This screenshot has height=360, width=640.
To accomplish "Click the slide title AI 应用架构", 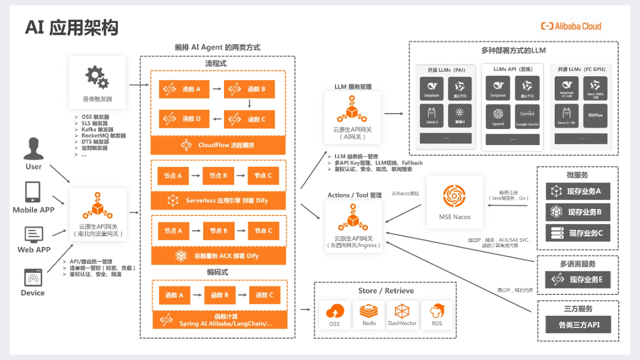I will pyautogui.click(x=71, y=27).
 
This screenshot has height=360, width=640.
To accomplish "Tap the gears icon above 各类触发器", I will pyautogui.click(x=97, y=77).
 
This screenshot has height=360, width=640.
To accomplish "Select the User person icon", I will pyautogui.click(x=34, y=149).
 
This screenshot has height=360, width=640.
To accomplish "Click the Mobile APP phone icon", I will pyautogui.click(x=33, y=192).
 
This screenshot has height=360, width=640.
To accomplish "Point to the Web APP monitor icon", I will pyautogui.click(x=34, y=234).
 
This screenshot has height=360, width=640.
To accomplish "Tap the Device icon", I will pyautogui.click(x=33, y=277).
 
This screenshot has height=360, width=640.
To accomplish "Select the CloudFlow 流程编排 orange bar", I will pyautogui.click(x=219, y=145).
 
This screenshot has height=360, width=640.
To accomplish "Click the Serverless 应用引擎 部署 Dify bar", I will pyautogui.click(x=219, y=201).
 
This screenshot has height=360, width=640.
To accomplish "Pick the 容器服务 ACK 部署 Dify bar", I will pyautogui.click(x=219, y=256).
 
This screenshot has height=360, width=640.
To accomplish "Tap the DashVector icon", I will pyautogui.click(x=402, y=311).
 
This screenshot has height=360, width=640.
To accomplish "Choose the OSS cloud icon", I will pyautogui.click(x=334, y=311).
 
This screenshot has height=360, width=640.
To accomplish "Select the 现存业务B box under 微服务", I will pyautogui.click(x=578, y=212).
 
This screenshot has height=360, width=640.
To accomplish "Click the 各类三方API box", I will pyautogui.click(x=578, y=324).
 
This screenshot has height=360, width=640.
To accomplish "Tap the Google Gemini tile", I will pyautogui.click(x=526, y=116).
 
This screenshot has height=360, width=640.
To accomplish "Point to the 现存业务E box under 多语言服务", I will pyautogui.click(x=578, y=279).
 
